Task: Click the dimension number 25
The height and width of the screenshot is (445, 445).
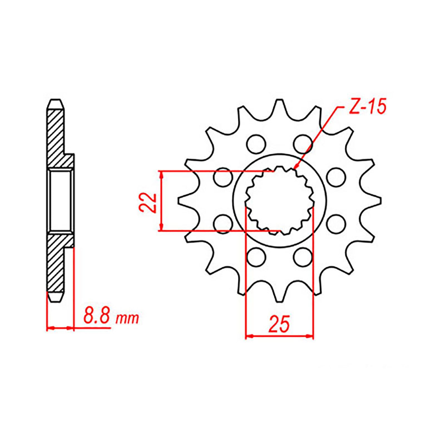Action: [x=279, y=324]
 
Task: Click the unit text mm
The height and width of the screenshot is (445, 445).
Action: [x=127, y=319]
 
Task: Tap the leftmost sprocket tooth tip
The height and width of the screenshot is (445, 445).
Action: [x=179, y=200]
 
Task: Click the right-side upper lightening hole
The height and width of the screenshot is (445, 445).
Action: [x=336, y=177]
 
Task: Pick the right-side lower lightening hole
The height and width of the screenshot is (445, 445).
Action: [x=336, y=224]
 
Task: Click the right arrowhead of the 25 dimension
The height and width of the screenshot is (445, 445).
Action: [x=311, y=336]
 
